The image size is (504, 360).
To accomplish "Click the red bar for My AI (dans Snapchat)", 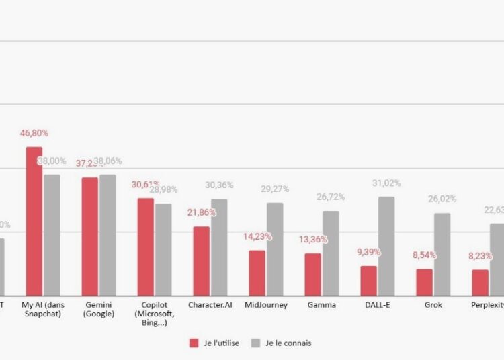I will (x=34, y=221).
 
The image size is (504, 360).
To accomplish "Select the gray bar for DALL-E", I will (x=386, y=246).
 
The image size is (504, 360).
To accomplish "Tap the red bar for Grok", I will (x=424, y=282).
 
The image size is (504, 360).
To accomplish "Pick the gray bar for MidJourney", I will (x=275, y=249).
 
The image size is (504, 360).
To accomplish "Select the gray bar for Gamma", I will (x=331, y=253).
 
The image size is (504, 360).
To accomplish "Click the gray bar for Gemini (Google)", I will (x=108, y=234).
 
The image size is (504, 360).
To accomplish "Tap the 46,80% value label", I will (x=34, y=133).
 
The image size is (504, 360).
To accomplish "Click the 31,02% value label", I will (x=386, y=183).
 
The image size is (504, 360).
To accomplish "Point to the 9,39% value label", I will (x=369, y=252).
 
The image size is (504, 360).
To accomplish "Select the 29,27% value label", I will (x=276, y=189).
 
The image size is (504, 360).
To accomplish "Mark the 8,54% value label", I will (x=425, y=255).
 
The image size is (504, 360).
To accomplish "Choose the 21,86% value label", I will (x=202, y=212).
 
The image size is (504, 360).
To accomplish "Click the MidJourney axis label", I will (x=266, y=305).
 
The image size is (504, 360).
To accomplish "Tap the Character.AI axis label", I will (x=210, y=305).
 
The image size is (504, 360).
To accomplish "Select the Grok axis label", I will (x=433, y=305).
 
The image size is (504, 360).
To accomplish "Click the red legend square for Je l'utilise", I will (x=194, y=343).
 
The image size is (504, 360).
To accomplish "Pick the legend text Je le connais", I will (x=288, y=343).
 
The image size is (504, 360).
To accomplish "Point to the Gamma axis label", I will (x=321, y=305).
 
